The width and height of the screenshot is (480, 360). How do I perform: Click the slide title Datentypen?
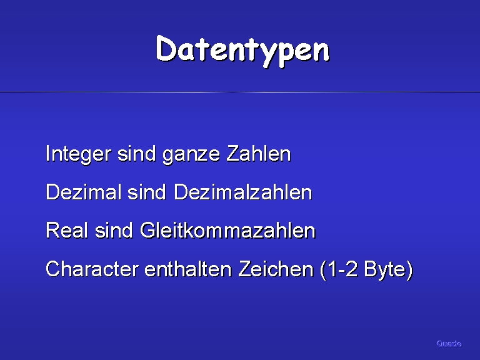[242, 51]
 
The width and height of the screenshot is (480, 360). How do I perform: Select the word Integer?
[78, 154]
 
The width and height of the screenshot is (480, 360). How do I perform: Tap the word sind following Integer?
[136, 153]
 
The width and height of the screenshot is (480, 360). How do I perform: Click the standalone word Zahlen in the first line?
[259, 153]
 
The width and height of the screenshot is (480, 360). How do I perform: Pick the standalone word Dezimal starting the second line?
[83, 192]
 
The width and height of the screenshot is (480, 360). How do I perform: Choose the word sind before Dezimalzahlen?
[147, 192]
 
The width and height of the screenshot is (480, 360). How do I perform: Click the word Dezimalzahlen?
[242, 192]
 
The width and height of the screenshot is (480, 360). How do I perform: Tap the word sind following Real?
[114, 230]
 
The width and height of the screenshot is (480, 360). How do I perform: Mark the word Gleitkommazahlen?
[227, 230]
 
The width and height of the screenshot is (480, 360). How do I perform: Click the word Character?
[92, 269]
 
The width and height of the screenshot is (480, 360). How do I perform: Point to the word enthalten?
[187, 269]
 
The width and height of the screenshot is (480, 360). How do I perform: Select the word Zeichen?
[276, 269]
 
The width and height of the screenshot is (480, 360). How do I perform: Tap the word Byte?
[384, 270]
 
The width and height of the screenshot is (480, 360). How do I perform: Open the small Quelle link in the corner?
[449, 344]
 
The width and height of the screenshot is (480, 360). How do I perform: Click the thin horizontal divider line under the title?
[240, 92]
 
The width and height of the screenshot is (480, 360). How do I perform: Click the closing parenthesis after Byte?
[409, 270]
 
